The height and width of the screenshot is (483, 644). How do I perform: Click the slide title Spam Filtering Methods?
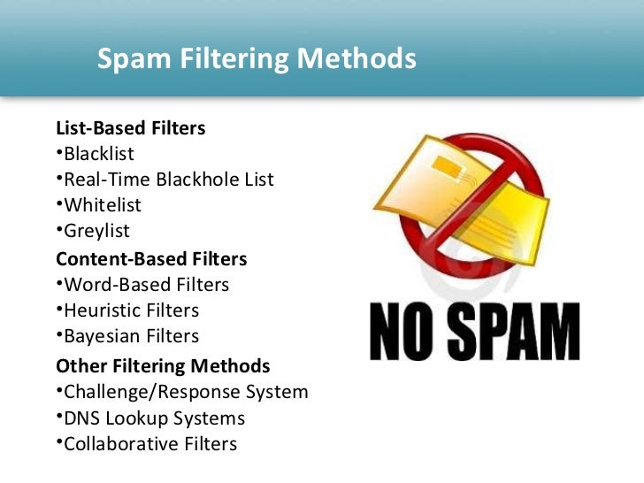coord(256,59)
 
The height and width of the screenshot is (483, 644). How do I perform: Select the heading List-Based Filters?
coord(131,128)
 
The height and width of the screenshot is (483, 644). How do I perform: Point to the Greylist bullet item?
coord(96,231)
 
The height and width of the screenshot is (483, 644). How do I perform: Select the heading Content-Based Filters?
coord(151,259)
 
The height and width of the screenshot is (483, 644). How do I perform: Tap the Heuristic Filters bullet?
coord(130,310)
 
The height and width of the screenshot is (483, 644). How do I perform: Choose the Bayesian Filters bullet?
coord(130,336)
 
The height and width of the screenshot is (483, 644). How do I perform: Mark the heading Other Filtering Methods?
coord(163,365)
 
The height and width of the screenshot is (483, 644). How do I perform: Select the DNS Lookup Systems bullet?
coord(153,418)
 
